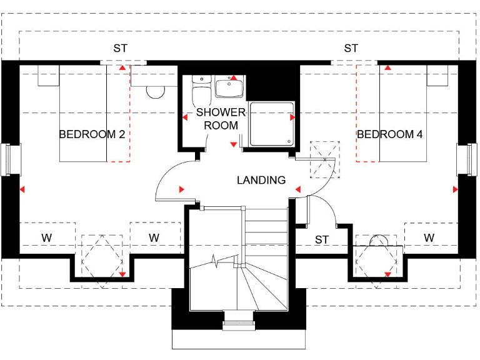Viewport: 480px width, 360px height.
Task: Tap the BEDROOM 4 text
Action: click(x=385, y=134)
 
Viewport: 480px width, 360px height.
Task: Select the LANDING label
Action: click(x=261, y=180)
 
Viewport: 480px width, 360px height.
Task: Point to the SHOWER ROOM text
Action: click(x=221, y=119)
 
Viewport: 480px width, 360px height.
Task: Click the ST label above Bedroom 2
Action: click(x=121, y=48)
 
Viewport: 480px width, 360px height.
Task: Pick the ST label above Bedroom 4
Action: click(x=351, y=48)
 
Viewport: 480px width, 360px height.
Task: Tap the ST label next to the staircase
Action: click(x=321, y=239)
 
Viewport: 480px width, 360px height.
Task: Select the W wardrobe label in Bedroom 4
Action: click(x=429, y=238)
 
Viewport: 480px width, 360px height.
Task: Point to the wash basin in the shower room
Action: click(x=230, y=88)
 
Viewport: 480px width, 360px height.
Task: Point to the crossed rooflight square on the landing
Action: click(x=325, y=159)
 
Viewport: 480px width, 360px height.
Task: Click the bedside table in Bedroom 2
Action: click(x=49, y=75)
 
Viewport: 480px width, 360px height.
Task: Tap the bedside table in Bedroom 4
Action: click(x=437, y=75)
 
